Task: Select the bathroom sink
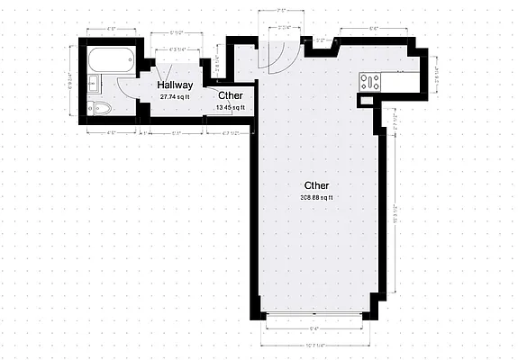pyautogui.click(x=94, y=86)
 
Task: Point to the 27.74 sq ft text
pyautogui.click(x=176, y=96)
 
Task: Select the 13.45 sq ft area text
pyautogui.click(x=230, y=107)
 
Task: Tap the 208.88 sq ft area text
pyautogui.click(x=316, y=197)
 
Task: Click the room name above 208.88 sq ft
pyautogui.click(x=316, y=185)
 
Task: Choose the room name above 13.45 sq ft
pyautogui.click(x=229, y=95)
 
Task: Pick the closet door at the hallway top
pyautogui.click(x=167, y=73)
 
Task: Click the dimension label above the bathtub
pyautogui.click(x=112, y=30)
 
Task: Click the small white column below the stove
pyautogui.click(x=365, y=101)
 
